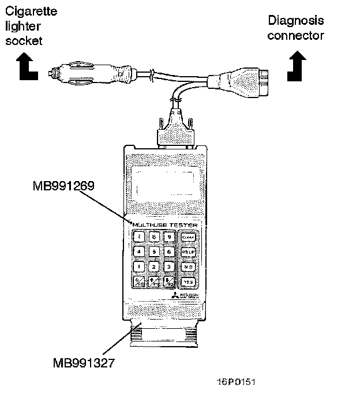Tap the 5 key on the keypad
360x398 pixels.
(154, 251)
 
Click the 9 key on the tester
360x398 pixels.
(169, 236)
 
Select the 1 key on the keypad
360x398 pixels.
(140, 266)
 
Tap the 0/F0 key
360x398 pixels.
(140, 282)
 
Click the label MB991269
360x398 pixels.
(63, 186)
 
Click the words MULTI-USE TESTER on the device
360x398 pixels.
(165, 224)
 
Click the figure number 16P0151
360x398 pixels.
(236, 382)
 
